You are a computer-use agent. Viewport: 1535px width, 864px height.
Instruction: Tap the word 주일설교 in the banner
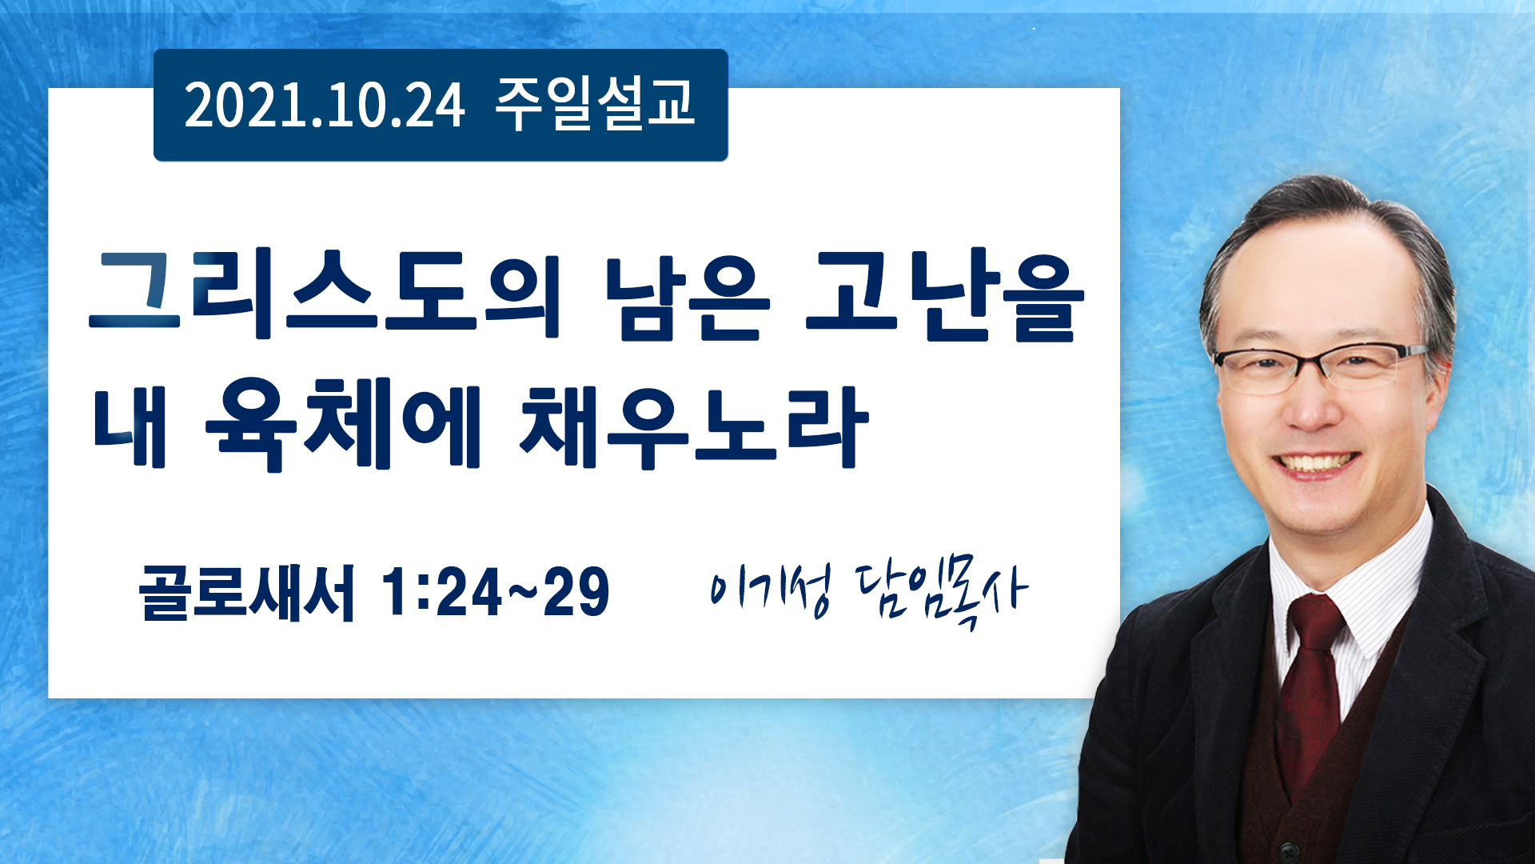(x=595, y=105)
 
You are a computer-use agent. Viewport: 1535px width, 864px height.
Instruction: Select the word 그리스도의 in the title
(x=325, y=294)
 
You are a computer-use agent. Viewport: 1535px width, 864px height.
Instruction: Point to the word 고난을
(x=945, y=295)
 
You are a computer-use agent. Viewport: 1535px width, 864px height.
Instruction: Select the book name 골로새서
(x=247, y=593)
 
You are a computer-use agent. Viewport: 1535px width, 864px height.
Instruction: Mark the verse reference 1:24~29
(x=496, y=592)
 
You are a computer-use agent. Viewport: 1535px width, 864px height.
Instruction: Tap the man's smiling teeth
(x=1315, y=463)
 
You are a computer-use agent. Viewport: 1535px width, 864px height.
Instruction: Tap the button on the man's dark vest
(x=1286, y=850)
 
